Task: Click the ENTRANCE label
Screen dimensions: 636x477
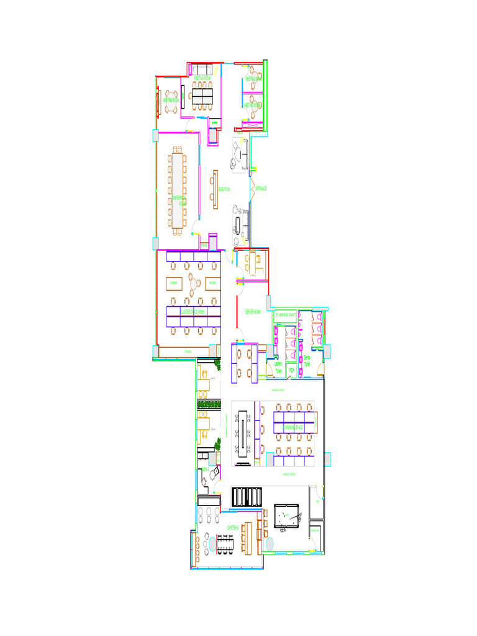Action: pyautogui.click(x=261, y=188)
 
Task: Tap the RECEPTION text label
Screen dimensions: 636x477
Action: pyautogui.click(x=224, y=189)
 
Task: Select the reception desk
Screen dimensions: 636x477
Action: pyautogui.click(x=214, y=189)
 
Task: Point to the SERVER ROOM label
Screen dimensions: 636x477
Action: pyautogui.click(x=253, y=311)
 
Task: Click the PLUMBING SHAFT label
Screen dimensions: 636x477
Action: pyautogui.click(x=286, y=316)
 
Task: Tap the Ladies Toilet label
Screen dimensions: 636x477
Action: pyautogui.click(x=278, y=367)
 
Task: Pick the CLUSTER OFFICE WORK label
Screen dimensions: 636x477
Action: pyautogui.click(x=193, y=311)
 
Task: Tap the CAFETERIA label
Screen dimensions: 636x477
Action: pyautogui.click(x=234, y=528)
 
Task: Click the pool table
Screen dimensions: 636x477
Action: pyautogui.click(x=287, y=517)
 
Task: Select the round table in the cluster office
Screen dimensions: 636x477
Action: pyautogui.click(x=195, y=283)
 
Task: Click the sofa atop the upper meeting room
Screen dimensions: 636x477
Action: pyautogui.click(x=202, y=68)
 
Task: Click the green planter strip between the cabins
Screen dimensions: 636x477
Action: pyautogui.click(x=209, y=406)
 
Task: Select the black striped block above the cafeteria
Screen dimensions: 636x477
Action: pyautogui.click(x=247, y=496)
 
